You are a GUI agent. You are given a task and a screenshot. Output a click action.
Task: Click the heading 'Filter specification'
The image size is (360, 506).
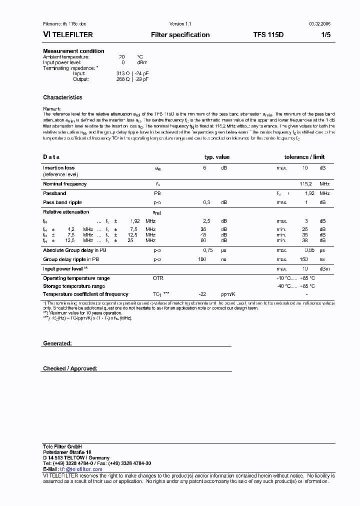pyautogui.click(x=180, y=35)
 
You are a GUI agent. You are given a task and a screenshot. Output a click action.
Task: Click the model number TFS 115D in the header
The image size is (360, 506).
pyautogui.click(x=268, y=35)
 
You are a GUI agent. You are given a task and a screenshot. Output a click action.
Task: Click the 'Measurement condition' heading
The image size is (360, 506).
pyautogui.click(x=73, y=51)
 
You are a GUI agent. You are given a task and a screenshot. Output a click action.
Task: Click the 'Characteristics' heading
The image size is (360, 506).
pyautogui.click(x=62, y=97)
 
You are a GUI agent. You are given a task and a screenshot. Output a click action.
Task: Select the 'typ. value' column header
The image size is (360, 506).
pyautogui.click(x=216, y=157)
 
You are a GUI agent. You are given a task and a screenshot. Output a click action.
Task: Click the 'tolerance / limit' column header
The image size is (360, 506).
pyautogui.click(x=304, y=157)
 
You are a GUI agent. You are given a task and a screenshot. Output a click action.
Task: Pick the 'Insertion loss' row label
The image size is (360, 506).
pyautogui.click(x=58, y=168)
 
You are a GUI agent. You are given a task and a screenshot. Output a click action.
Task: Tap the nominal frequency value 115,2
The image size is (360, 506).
pyautogui.click(x=305, y=184)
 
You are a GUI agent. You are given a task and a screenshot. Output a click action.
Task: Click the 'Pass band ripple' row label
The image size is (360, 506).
pyautogui.click(x=62, y=202)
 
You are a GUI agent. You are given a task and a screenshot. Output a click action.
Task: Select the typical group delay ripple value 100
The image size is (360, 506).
pyautogui.click(x=202, y=259)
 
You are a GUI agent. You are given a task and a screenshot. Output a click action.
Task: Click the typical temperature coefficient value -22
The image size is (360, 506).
pyautogui.click(x=202, y=294)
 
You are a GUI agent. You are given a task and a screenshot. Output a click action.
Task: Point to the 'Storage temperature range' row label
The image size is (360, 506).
pyautogui.click(x=73, y=286)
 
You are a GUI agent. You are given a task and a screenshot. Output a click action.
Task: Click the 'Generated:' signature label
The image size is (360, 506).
pyautogui.click(x=57, y=343)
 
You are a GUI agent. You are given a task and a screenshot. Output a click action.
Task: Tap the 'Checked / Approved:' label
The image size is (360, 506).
pyautogui.click(x=70, y=368)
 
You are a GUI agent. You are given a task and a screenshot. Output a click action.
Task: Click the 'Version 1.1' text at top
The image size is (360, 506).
pyautogui.click(x=180, y=24)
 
